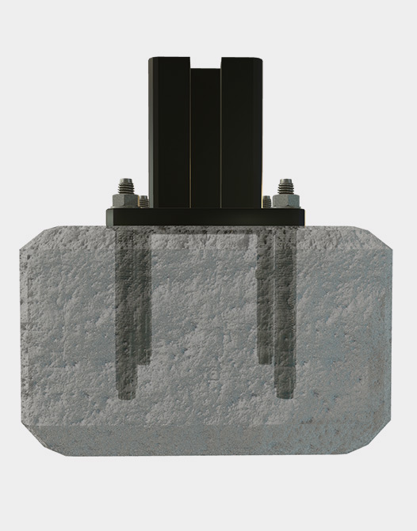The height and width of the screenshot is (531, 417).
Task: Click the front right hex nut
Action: click(285, 199)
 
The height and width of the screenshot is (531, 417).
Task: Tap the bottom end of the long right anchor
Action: click(285, 393)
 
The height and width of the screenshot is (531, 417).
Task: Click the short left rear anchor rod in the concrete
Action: click(143, 301)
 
